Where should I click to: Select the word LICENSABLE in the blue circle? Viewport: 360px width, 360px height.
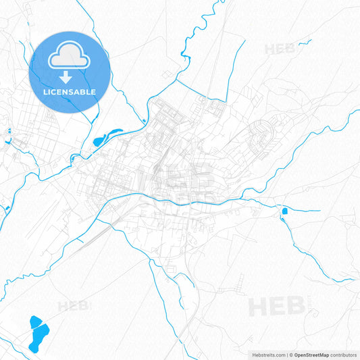(x=70, y=91)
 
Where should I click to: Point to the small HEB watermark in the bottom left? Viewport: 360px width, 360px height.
(x=74, y=306)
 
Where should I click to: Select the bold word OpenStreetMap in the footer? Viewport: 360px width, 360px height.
(x=311, y=355)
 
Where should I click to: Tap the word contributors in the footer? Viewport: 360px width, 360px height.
(x=343, y=355)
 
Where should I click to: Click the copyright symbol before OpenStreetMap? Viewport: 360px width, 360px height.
(x=290, y=355)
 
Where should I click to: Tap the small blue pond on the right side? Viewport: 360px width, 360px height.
(x=284, y=211)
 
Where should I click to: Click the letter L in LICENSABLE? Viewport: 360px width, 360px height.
(x=47, y=91)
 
